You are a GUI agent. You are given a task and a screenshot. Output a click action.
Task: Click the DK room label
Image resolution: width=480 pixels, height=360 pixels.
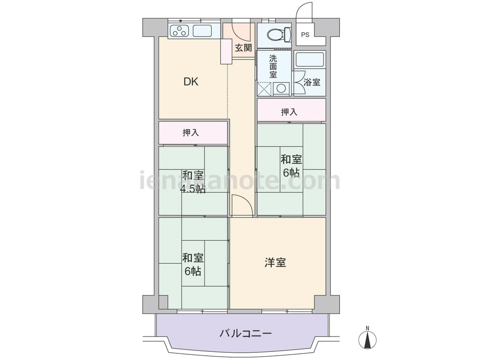[191, 82]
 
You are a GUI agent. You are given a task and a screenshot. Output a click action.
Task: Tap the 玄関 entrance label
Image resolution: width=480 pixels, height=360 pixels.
[243, 48]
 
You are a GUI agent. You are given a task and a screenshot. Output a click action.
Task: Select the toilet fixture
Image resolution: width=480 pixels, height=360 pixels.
[278, 34]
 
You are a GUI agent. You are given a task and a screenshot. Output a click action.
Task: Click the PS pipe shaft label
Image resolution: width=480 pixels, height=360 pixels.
[305, 35]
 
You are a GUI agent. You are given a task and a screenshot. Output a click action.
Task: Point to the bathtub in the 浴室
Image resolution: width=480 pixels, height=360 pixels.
[310, 60]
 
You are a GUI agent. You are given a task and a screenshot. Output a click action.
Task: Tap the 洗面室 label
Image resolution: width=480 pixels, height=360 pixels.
[273, 66]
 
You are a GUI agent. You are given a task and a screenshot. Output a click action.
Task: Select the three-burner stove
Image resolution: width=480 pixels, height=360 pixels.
[180, 31]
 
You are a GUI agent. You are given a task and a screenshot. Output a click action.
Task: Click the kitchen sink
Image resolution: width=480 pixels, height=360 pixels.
[203, 31]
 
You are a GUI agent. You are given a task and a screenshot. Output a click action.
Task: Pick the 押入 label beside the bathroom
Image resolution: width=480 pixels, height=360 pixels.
[289, 112]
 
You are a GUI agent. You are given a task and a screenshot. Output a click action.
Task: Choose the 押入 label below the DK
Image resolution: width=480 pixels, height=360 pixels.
[191, 132]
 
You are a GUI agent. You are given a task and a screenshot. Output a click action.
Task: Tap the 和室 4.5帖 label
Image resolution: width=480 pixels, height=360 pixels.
[192, 182]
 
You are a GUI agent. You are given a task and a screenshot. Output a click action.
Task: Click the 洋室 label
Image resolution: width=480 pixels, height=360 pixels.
[275, 263]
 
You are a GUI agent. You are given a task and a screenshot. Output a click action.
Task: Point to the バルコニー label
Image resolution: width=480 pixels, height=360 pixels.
[245, 333]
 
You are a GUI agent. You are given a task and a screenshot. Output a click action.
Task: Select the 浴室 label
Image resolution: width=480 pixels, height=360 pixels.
[312, 82]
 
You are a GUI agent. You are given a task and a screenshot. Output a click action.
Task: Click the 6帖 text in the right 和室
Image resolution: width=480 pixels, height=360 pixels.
[291, 173]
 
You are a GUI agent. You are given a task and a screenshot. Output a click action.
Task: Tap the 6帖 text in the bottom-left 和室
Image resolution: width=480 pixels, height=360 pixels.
[192, 271]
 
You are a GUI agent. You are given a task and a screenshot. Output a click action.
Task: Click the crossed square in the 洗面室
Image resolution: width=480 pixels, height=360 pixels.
[264, 89]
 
